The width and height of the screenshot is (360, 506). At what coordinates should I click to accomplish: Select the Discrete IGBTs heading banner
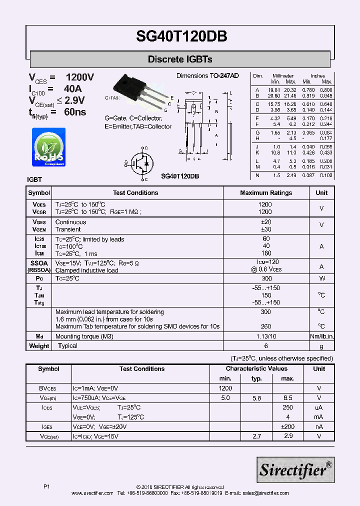[180, 59]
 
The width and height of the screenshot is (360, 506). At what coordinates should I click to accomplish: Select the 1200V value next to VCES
[80, 77]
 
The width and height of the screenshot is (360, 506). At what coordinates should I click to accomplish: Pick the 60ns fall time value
[75, 111]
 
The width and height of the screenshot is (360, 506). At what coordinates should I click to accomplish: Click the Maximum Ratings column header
[266, 193]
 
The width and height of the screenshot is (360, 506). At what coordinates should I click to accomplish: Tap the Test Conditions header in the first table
[135, 193]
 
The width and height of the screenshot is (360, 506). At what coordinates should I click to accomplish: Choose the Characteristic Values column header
[256, 369]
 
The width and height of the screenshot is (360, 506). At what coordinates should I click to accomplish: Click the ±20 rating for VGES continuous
[266, 222]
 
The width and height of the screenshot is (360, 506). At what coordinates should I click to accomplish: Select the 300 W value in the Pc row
[266, 278]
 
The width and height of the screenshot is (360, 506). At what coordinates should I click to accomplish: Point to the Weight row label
[39, 346]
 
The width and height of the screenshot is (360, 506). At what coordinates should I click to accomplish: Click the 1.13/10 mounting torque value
[266, 336]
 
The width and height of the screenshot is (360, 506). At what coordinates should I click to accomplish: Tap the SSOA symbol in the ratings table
[39, 262]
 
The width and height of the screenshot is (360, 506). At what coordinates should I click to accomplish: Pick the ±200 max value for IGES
[287, 426]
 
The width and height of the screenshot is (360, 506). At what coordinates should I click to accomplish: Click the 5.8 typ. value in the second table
[256, 398]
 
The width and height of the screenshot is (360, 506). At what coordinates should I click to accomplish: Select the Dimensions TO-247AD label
[207, 75]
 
